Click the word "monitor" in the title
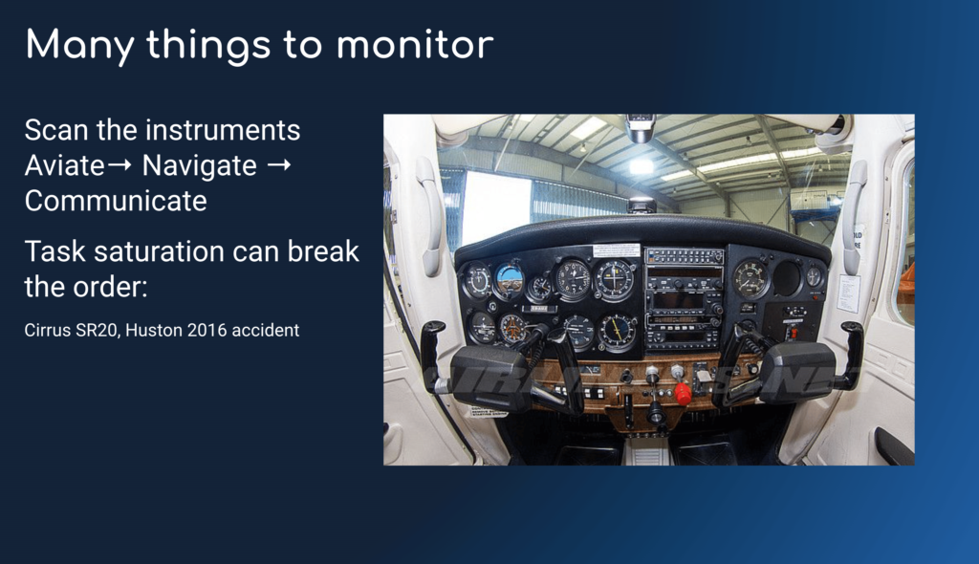coord(415,45)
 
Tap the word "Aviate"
coord(64,166)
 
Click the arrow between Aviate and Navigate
coord(120,164)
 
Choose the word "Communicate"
coord(116,201)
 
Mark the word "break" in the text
coord(323,251)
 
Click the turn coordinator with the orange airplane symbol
coord(512,328)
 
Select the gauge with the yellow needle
coord(618,331)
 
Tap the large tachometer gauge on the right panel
coord(751,278)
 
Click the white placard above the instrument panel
coord(617,249)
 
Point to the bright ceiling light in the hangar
coord(641,166)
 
